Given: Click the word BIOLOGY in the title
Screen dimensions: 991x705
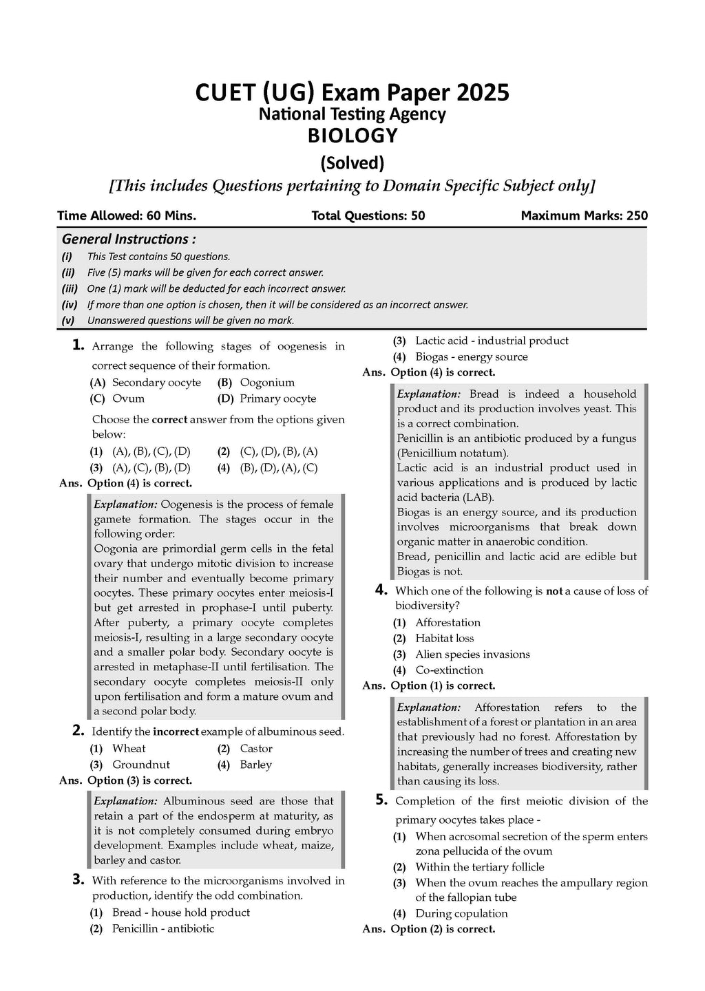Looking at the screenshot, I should (352, 136).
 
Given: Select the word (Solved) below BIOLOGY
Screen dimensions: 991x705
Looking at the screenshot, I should (352, 163).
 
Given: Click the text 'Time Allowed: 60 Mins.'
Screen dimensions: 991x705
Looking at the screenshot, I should (127, 215).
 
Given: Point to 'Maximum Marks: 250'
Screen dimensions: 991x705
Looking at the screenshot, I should (584, 215).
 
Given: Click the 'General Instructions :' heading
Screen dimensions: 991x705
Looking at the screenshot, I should (129, 239).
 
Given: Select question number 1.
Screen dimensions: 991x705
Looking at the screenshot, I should (78, 345).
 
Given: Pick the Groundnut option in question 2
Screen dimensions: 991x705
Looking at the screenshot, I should (140, 765).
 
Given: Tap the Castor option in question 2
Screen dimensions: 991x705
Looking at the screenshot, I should (255, 749).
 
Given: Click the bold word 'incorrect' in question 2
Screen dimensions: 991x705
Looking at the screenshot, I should (176, 732).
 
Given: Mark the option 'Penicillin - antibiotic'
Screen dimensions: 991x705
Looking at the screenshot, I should (162, 928).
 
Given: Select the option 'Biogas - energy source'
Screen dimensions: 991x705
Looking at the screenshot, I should (471, 356).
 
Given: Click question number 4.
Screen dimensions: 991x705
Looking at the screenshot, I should (381, 590).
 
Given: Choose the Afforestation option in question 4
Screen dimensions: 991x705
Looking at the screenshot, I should (448, 622).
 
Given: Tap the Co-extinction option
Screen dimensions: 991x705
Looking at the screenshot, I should (449, 670).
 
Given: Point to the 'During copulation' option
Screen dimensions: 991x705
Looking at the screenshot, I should (461, 913).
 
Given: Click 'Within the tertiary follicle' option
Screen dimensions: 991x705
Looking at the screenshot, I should (479, 867).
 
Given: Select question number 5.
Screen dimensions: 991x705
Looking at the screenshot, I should (381, 800).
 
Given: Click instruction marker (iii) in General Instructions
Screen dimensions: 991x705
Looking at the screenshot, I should (70, 289).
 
